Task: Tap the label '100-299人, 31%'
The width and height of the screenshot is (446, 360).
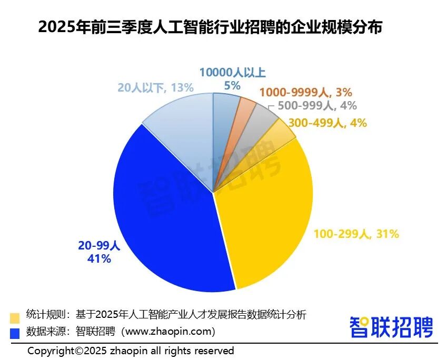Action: [x=356, y=234]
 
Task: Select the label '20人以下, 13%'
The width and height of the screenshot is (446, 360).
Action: [x=156, y=87]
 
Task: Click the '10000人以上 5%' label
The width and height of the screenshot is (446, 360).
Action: [x=232, y=79]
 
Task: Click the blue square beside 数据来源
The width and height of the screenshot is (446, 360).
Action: [x=15, y=333]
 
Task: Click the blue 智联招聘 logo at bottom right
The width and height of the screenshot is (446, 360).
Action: [x=391, y=326]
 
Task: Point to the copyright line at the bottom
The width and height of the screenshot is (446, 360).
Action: [x=131, y=351]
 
